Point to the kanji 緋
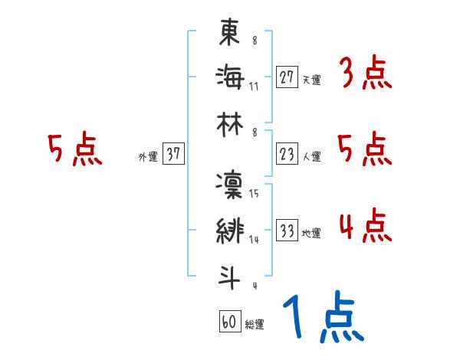pyautogui.click(x=230, y=232)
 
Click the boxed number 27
pyautogui.click(x=287, y=76)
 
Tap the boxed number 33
pyautogui.click(x=287, y=231)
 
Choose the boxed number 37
pyautogui.click(x=173, y=155)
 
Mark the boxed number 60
pyautogui.click(x=229, y=322)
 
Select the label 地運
pyautogui.click(x=312, y=234)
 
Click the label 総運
pyautogui.click(x=255, y=325)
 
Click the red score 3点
pyautogui.click(x=365, y=75)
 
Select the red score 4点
pyautogui.click(x=365, y=227)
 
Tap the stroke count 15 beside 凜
pyautogui.click(x=254, y=194)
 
